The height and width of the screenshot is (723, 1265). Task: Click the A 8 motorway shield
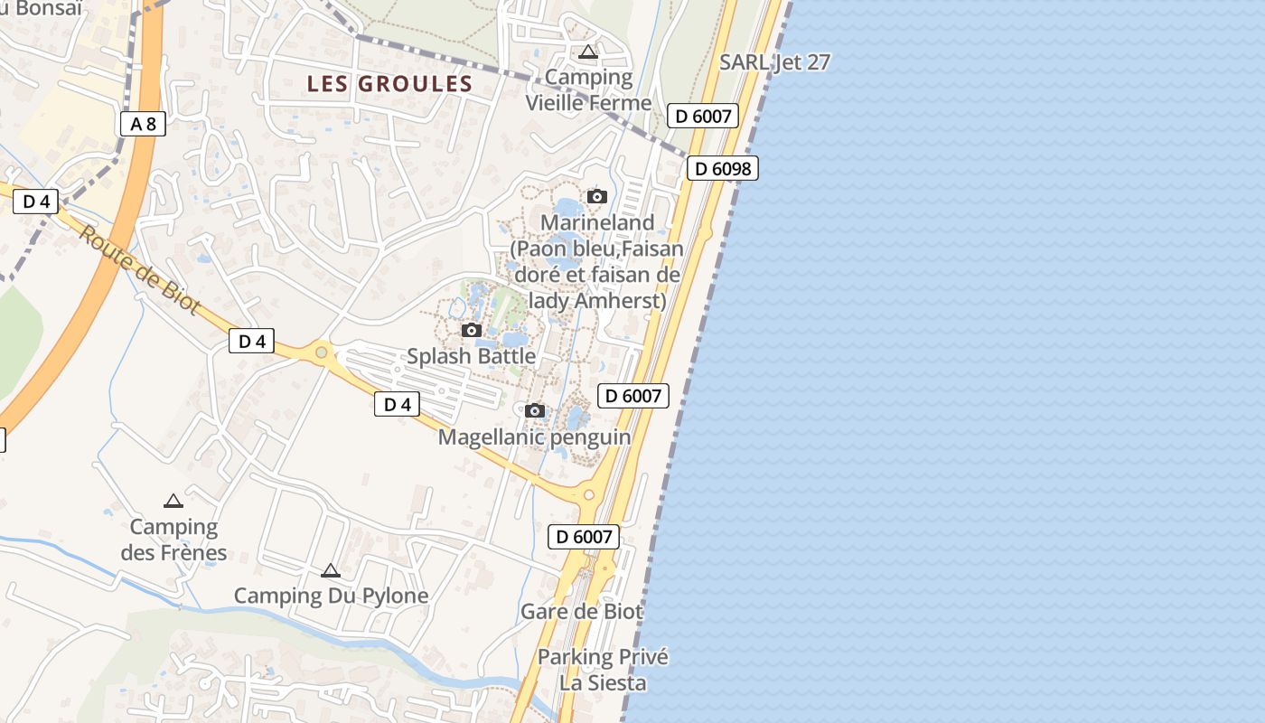click(x=143, y=124)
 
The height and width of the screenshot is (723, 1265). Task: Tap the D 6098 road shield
click(x=722, y=168)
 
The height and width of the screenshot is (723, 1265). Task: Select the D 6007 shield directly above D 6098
click(x=703, y=116)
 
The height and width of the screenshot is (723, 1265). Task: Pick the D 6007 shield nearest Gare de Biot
click(x=585, y=537)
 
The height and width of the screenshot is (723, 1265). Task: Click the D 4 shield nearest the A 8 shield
click(x=35, y=202)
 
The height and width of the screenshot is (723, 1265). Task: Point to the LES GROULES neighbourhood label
click(x=389, y=84)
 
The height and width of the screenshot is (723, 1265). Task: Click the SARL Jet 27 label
click(x=774, y=62)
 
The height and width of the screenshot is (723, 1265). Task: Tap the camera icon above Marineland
click(x=596, y=196)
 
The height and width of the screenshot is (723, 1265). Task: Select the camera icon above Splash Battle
click(x=472, y=331)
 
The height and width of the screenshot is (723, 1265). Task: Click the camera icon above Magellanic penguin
click(x=535, y=411)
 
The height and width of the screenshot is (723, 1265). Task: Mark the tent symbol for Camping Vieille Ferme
click(x=588, y=52)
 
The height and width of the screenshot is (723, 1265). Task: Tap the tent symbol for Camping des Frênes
click(x=173, y=501)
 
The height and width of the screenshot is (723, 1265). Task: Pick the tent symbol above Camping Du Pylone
click(x=331, y=570)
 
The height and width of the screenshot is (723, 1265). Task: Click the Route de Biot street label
click(x=139, y=270)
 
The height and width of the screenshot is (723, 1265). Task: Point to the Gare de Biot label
click(x=582, y=612)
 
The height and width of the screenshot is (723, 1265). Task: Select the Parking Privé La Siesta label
click(x=603, y=670)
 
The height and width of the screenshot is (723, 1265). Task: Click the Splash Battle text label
click(x=471, y=356)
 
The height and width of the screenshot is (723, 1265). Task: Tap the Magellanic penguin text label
click(x=534, y=437)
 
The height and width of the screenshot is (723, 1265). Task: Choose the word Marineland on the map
click(x=597, y=222)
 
